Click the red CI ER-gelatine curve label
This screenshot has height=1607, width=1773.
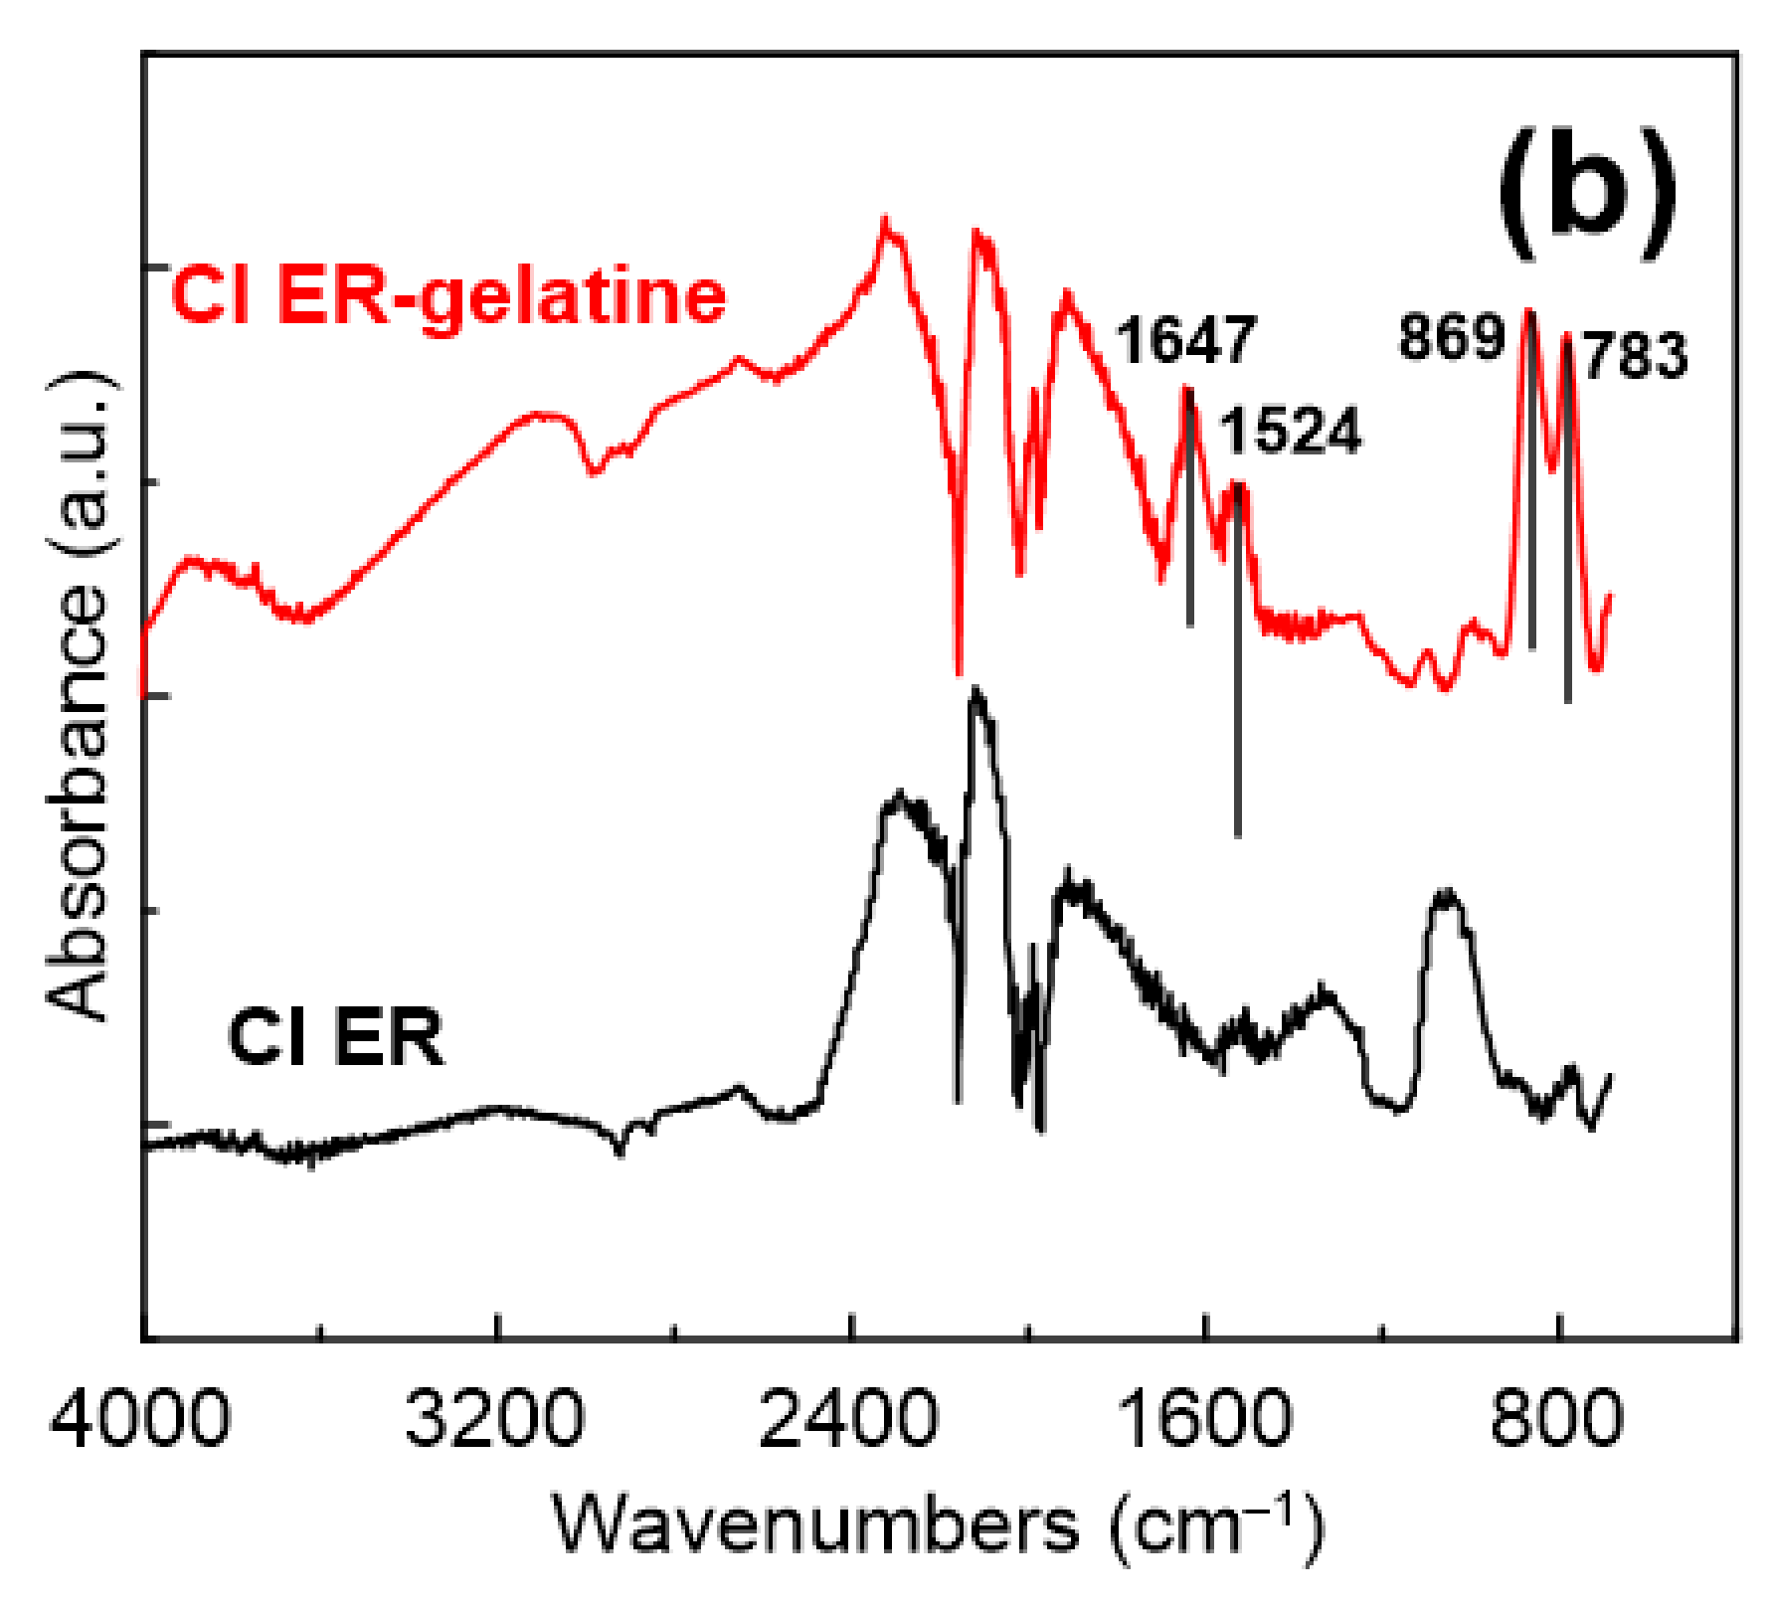click(x=449, y=297)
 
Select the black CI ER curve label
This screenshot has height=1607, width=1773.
click(x=336, y=1037)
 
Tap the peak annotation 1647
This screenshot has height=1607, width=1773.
click(x=1185, y=340)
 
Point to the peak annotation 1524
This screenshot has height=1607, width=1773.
click(x=1290, y=432)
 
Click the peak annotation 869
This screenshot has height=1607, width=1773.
click(x=1452, y=336)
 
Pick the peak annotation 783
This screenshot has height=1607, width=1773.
click(x=1636, y=356)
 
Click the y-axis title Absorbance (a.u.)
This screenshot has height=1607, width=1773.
click(x=78, y=696)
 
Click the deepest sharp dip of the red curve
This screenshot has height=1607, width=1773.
click(x=959, y=671)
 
